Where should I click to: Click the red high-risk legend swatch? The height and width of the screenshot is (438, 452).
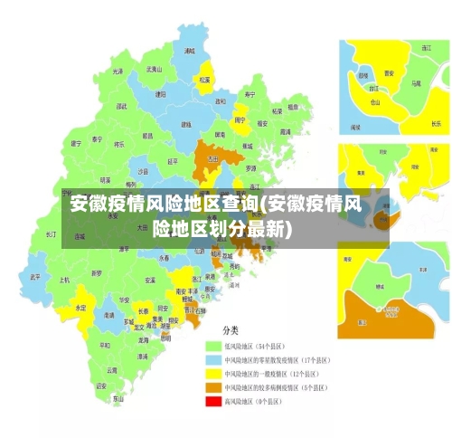point(213,401)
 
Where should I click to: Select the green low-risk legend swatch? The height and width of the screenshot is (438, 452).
point(213,346)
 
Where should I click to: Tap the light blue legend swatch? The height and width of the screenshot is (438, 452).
point(213,359)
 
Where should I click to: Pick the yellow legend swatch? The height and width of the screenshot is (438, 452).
point(213,373)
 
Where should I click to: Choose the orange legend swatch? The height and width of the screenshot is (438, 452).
point(213,386)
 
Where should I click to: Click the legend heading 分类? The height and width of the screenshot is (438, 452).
point(231,330)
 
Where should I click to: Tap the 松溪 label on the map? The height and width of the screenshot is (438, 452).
point(204,80)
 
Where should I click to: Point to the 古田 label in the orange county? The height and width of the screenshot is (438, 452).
point(213,159)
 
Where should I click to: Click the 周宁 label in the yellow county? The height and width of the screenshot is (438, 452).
point(240,119)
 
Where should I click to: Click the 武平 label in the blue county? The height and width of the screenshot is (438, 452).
point(35,276)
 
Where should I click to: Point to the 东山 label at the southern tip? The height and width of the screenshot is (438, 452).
point(118,398)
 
